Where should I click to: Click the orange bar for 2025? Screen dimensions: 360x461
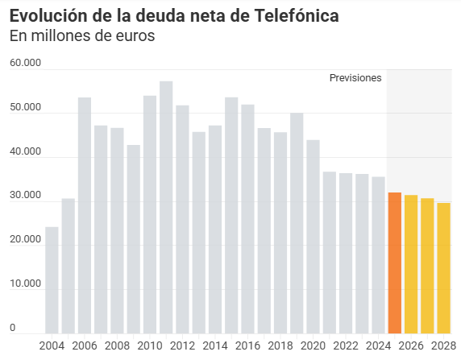(394, 263)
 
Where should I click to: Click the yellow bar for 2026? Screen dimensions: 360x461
(411, 263)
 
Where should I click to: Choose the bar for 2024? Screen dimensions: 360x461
(378, 254)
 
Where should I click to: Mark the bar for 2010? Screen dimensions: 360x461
(150, 214)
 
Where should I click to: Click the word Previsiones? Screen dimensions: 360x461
(355, 78)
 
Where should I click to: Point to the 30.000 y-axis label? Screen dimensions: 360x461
(25, 195)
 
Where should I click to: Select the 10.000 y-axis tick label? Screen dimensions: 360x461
(25, 283)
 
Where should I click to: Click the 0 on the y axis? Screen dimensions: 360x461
(13, 327)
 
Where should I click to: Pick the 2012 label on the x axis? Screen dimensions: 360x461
(182, 346)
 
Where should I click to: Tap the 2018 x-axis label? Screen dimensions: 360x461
(280, 346)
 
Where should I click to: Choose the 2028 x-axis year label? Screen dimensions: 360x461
(443, 346)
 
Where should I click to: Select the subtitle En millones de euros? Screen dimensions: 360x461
(81, 36)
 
